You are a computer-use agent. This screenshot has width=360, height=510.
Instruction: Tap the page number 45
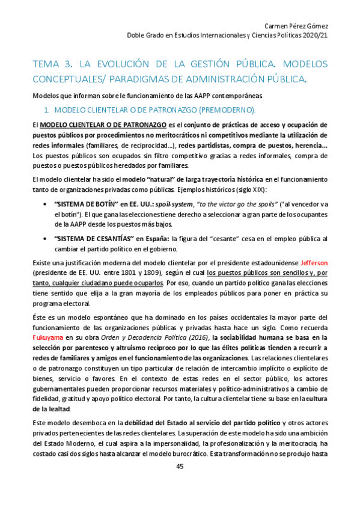pos(180,467)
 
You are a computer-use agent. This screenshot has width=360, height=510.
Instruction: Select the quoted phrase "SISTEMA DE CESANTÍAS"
pos(87,239)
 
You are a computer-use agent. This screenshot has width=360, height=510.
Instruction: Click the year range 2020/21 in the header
pos(314,35)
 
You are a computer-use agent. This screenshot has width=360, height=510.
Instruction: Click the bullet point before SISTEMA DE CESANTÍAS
pos(46,239)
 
